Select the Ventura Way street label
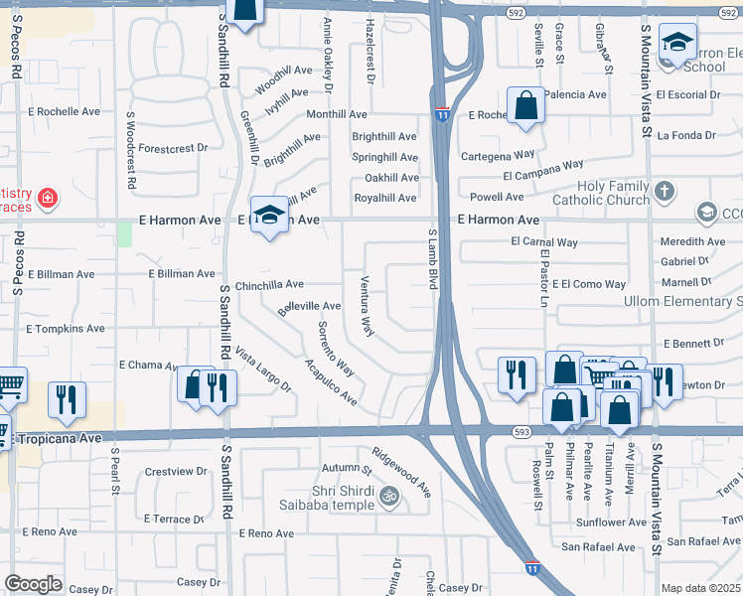[x=367, y=305]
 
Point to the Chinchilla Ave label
[x=269, y=283]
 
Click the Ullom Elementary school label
[x=681, y=301]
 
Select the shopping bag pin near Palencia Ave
[x=524, y=105]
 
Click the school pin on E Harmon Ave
[x=268, y=216]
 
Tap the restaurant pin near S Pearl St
[x=67, y=399]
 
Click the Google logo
[x=33, y=583]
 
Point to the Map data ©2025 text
[x=701, y=588]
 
